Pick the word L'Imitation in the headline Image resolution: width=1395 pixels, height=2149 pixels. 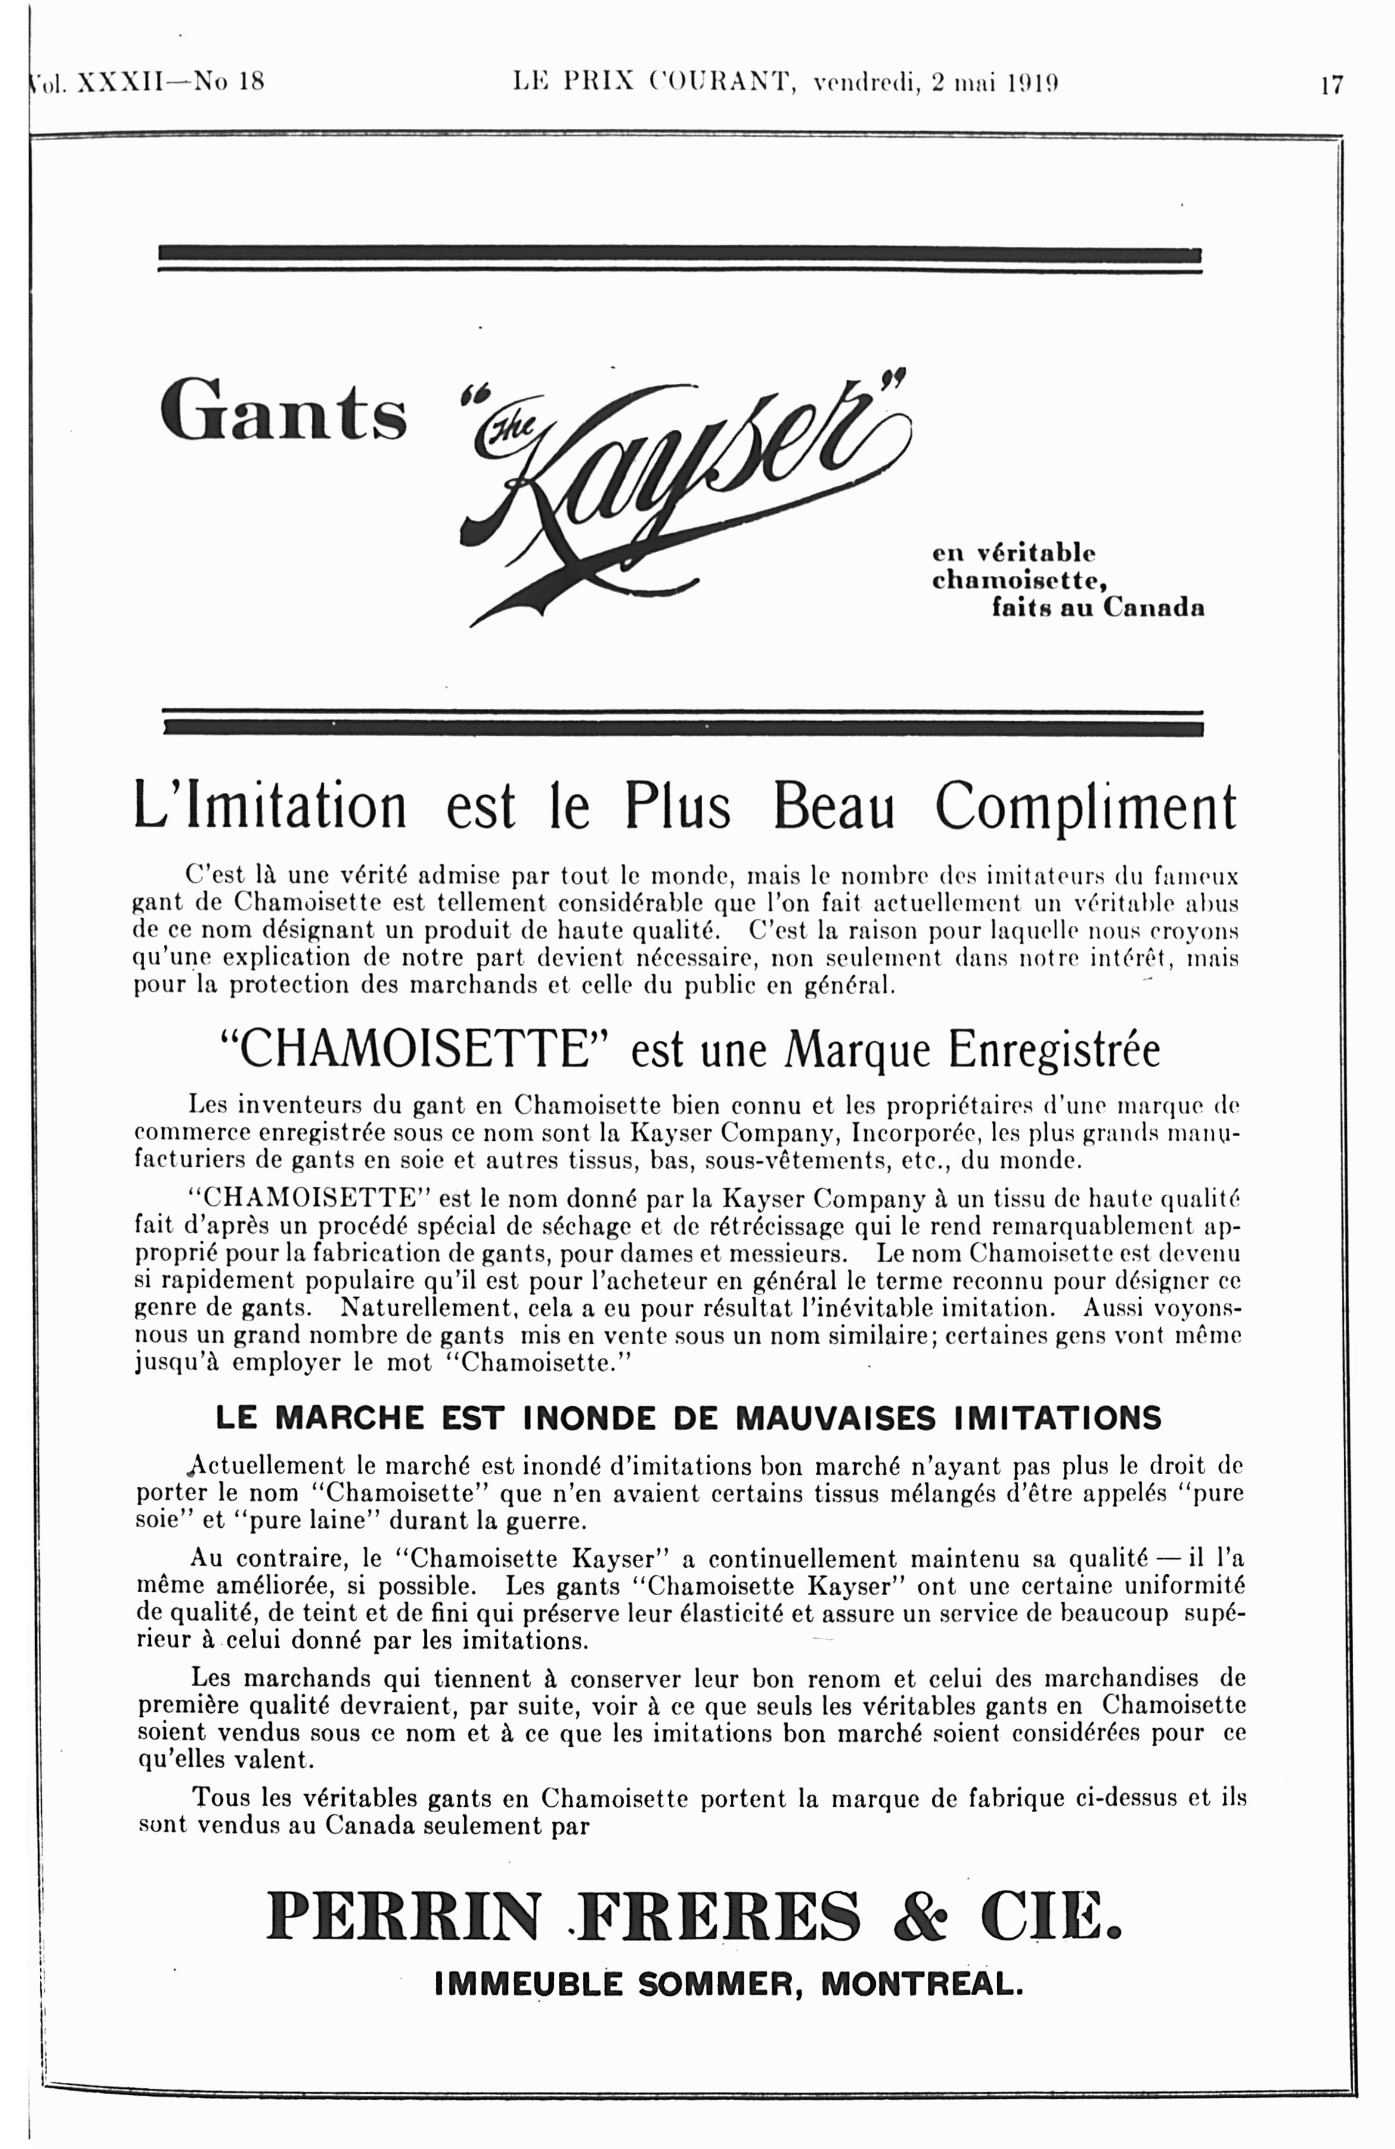coord(270,807)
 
